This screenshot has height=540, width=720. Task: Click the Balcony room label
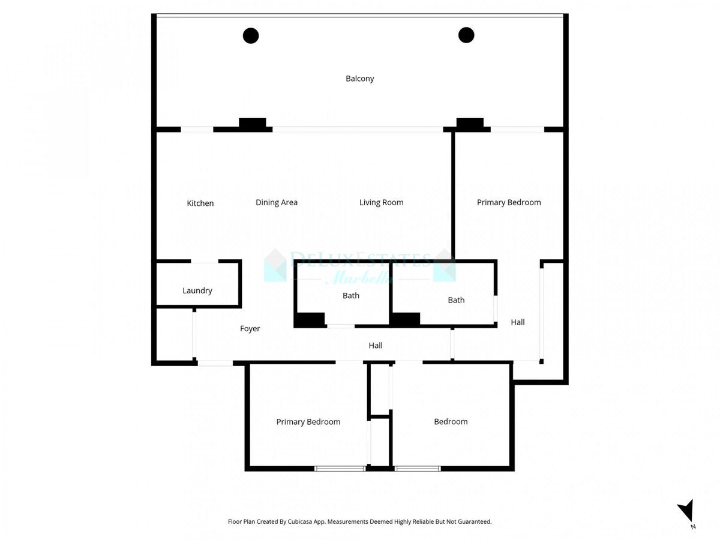click(360, 79)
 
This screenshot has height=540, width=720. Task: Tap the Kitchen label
click(200, 203)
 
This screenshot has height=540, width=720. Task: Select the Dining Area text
click(277, 203)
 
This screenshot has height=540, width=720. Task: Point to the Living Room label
click(382, 203)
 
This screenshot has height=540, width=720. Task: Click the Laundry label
click(197, 291)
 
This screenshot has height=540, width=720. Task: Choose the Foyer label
click(250, 329)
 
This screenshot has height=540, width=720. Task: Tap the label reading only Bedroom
click(451, 422)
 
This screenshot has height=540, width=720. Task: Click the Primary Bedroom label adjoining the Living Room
click(509, 203)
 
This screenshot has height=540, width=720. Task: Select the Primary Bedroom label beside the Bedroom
click(308, 422)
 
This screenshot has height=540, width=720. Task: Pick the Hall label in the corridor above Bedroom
click(376, 346)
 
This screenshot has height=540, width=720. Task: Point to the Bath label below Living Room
click(351, 296)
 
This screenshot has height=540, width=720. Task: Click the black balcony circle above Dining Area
click(251, 35)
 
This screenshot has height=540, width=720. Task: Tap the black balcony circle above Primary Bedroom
click(466, 35)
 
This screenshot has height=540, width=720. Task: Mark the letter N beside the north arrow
click(693, 527)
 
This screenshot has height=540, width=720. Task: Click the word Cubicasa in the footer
click(310, 522)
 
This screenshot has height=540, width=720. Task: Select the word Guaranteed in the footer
click(475, 522)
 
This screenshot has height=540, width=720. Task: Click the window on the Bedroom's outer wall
click(418, 469)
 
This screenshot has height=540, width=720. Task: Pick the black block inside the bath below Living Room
click(310, 320)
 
